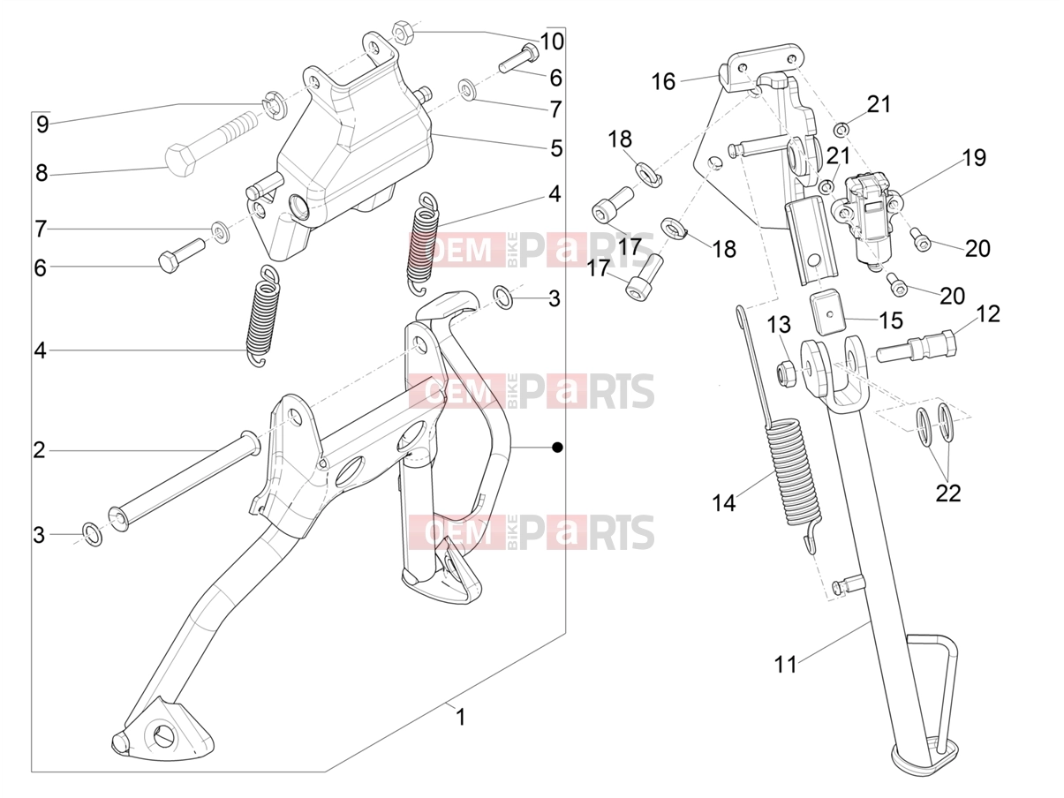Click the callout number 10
(552, 41)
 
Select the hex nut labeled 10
(403, 32)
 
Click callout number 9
(42, 125)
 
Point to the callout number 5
(556, 148)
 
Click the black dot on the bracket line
(557, 448)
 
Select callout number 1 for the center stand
(461, 717)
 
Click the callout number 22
(948, 493)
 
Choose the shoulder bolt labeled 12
(916, 348)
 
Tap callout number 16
(663, 81)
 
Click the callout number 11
(786, 665)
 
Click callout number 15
(890, 320)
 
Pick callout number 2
(39, 450)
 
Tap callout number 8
(42, 173)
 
